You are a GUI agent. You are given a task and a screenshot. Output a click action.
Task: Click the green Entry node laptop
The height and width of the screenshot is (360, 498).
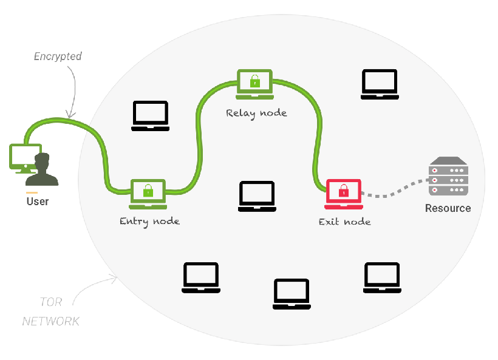(x=148, y=194)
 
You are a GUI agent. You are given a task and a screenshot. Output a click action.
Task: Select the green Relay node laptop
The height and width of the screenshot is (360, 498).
(x=254, y=84)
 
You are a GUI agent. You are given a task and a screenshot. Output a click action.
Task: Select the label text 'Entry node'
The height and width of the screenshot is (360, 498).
(x=149, y=221)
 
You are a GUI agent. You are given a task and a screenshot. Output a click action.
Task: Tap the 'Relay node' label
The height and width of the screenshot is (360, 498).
(x=256, y=112)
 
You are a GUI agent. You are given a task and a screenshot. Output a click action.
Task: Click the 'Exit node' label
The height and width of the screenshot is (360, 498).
(x=344, y=222)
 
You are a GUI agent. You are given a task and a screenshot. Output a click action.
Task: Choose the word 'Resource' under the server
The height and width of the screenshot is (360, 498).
(x=448, y=208)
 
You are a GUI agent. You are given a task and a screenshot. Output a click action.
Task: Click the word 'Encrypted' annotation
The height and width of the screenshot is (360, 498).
(x=58, y=56)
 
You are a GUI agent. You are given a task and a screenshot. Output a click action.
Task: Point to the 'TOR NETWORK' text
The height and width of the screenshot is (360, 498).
(x=51, y=311)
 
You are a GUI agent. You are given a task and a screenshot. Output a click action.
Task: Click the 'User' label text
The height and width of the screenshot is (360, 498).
(x=38, y=201)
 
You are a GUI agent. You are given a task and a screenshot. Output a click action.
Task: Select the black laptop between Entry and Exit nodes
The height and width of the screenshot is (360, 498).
(x=257, y=196)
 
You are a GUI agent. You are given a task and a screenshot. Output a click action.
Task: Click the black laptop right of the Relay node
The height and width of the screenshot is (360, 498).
(x=380, y=84)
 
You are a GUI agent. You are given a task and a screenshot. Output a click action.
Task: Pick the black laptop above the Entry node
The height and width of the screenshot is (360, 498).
(x=150, y=115)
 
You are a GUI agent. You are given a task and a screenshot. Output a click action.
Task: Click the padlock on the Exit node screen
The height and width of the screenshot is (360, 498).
(x=344, y=191)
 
